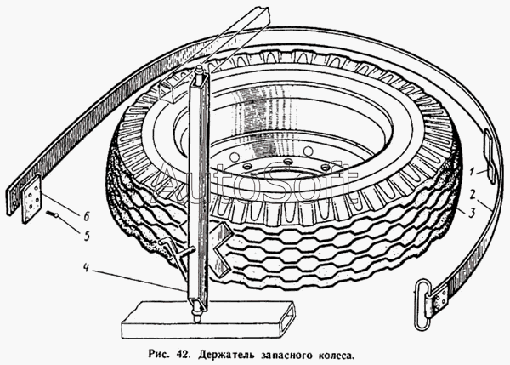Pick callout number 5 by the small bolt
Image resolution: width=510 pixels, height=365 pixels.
(x=87, y=226)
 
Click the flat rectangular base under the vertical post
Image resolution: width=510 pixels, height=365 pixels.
(x=204, y=322)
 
